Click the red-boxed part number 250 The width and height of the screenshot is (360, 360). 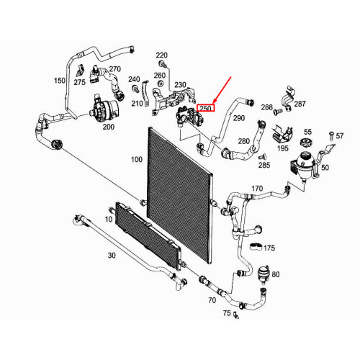point(205,108)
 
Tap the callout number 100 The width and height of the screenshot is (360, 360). point(137,160)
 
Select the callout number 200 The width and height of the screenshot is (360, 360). point(109,127)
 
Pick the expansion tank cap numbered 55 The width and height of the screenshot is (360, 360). point(306,143)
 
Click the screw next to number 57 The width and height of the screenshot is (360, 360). point(332,136)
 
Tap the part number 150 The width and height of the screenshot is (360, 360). point(60,81)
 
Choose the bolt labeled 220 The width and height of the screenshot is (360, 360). point(163,64)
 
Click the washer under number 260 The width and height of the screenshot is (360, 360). point(160,84)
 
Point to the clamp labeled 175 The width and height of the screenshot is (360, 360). point(256,246)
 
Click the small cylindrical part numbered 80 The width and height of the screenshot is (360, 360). point(263,274)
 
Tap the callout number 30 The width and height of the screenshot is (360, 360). point(112,256)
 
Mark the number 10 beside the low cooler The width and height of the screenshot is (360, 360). point(109,219)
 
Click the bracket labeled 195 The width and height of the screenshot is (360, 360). point(283,135)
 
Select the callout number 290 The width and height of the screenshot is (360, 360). point(239,118)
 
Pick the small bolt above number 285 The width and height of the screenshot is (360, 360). point(262,157)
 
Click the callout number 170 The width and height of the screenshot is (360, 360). point(257,189)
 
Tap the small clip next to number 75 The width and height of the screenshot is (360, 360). point(236,315)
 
